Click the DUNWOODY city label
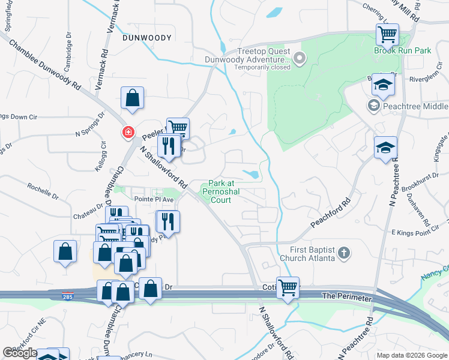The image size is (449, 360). tap(147, 38)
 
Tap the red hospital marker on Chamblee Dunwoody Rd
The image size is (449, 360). tap(128, 133)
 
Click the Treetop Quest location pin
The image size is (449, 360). tap(299, 59)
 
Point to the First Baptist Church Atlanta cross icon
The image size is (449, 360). tap(343, 253)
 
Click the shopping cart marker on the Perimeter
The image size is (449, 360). tap(288, 287)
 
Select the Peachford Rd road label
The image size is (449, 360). tap(330, 213)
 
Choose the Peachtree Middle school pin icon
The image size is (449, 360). tap(373, 106)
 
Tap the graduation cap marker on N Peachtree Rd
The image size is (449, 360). tap(385, 148)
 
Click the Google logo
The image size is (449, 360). tap(20, 353)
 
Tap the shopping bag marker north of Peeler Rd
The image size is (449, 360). tap(132, 98)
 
